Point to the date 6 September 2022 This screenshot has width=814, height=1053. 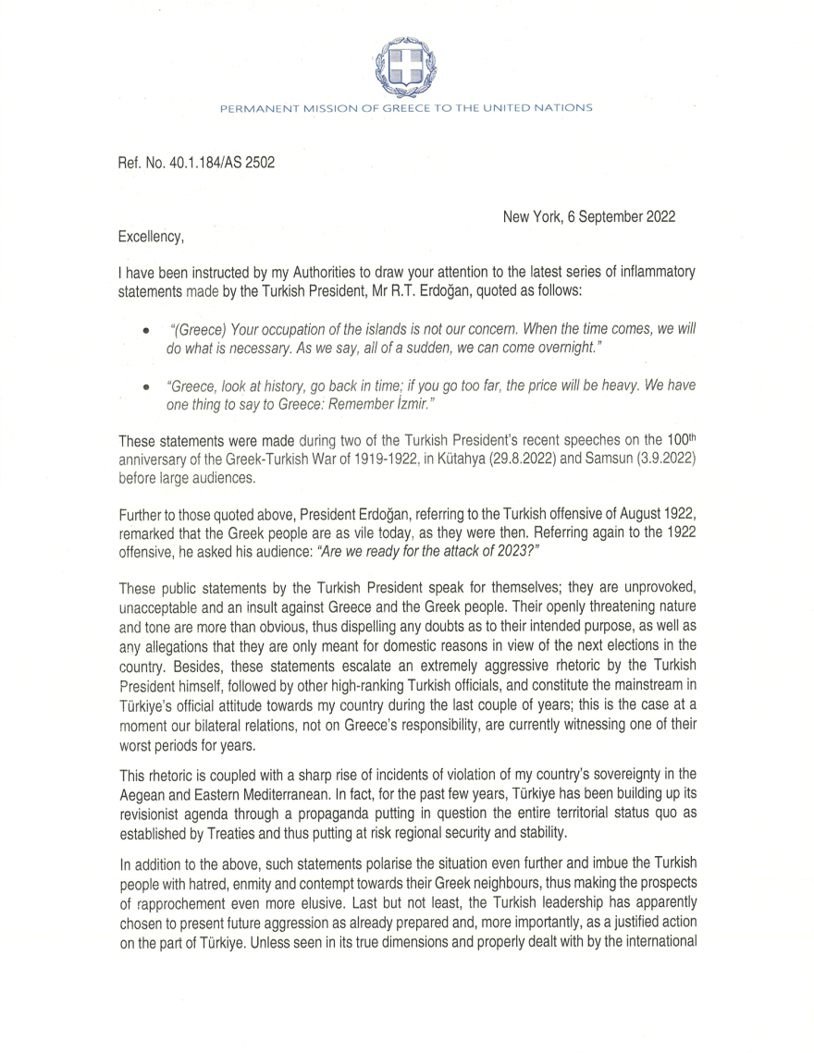point(622,217)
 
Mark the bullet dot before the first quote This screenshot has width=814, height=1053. point(146,331)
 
